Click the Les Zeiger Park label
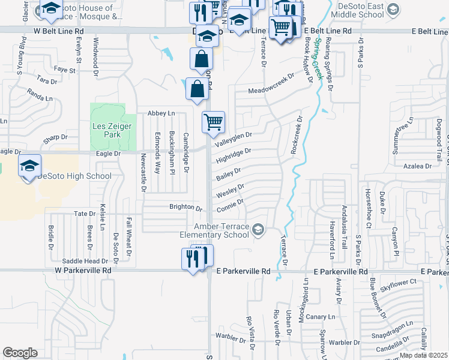106,130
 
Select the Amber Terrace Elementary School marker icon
258,229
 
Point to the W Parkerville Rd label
83,271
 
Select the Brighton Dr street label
186,208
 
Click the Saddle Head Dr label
85,261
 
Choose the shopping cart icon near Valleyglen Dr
214,123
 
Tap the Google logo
20,353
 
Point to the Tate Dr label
85,214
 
